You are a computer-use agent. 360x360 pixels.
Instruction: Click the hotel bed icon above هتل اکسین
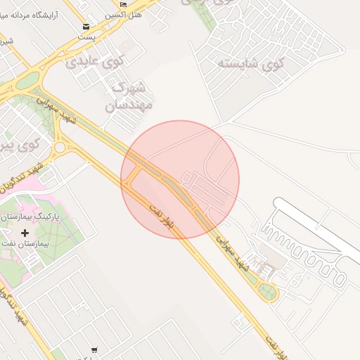124,4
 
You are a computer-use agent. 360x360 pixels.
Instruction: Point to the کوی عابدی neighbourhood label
94,63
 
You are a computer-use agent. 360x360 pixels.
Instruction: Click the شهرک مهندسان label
127,97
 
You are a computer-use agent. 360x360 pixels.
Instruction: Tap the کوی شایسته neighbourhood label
250,64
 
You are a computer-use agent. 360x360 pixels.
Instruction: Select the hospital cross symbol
26,232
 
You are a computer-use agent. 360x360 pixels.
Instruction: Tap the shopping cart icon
94,349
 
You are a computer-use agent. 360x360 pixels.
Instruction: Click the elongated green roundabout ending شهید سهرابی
267,291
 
